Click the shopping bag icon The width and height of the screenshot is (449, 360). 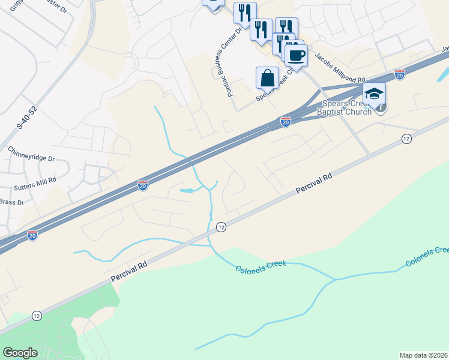click(267, 78)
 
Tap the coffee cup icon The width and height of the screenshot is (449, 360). click(295, 56)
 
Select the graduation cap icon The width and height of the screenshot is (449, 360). click(373, 94)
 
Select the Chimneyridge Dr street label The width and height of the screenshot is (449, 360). click(31, 154)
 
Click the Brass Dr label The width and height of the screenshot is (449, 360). click(12, 203)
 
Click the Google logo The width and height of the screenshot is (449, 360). click(20, 353)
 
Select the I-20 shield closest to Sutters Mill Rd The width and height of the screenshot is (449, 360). click(143, 185)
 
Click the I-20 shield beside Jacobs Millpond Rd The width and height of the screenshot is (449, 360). click(400, 74)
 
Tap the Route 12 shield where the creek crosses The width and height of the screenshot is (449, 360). click(221, 227)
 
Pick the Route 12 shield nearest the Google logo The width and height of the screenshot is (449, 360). click(37, 316)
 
